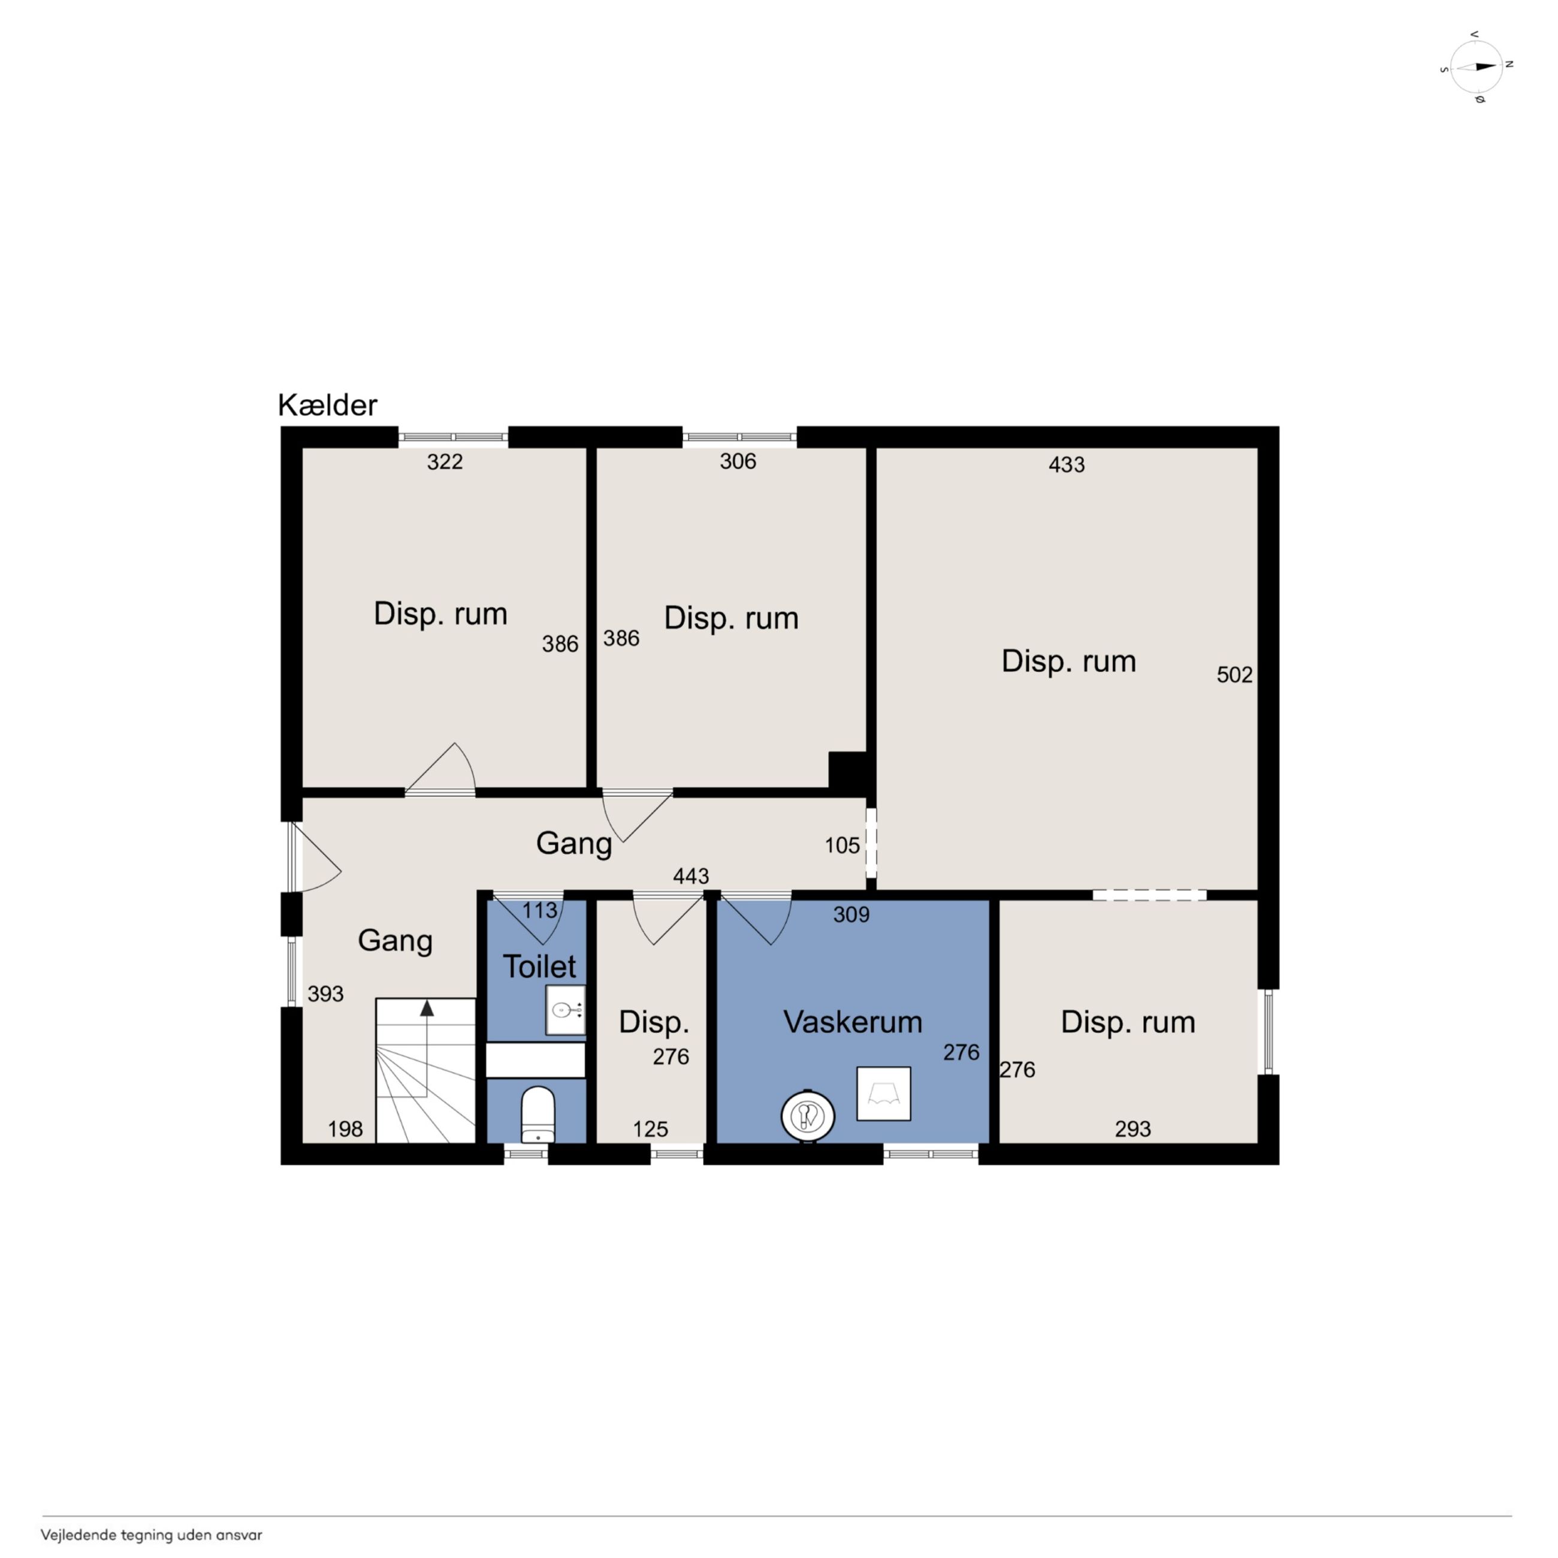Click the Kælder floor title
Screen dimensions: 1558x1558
(x=327, y=405)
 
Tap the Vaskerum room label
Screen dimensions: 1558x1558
(x=852, y=1022)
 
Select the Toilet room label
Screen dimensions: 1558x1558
(x=539, y=966)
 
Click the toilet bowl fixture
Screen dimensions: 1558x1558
(x=538, y=1115)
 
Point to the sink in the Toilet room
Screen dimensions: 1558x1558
(x=565, y=1010)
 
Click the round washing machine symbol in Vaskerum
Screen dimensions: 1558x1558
(x=807, y=1116)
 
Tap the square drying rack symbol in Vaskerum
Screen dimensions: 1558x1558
(x=884, y=1094)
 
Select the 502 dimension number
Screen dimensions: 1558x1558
(x=1234, y=675)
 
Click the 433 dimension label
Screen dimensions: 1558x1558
(x=1066, y=464)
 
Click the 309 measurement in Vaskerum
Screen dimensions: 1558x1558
(x=852, y=914)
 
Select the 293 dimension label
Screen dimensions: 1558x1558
(x=1133, y=1129)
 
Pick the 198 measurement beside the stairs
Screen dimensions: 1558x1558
(x=345, y=1129)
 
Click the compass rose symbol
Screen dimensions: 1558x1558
(x=1477, y=67)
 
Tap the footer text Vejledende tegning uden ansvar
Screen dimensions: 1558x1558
(x=152, y=1535)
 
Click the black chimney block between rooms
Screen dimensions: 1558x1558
(x=847, y=771)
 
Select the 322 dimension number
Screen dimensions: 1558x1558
(x=445, y=461)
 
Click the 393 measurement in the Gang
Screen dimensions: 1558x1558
(x=326, y=994)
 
